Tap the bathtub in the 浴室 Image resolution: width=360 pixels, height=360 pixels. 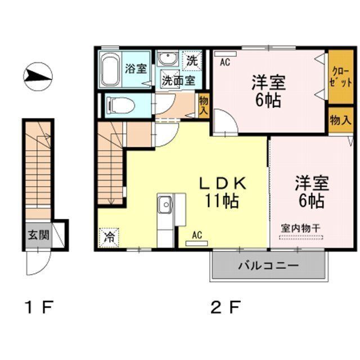(111, 69)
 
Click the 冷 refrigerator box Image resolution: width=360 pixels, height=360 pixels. (109, 237)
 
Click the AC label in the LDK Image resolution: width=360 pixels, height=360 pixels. (197, 235)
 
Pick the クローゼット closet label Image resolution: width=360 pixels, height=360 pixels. (339, 78)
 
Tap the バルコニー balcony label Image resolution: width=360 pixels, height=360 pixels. (268, 265)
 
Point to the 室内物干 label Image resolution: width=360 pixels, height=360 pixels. (300, 227)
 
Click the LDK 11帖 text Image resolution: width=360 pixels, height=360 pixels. (222, 191)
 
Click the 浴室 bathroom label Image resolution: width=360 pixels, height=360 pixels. (136, 69)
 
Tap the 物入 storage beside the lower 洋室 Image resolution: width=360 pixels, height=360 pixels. (340, 120)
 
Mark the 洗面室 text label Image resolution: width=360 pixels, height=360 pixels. (179, 80)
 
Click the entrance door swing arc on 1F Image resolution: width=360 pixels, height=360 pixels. (39, 264)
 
